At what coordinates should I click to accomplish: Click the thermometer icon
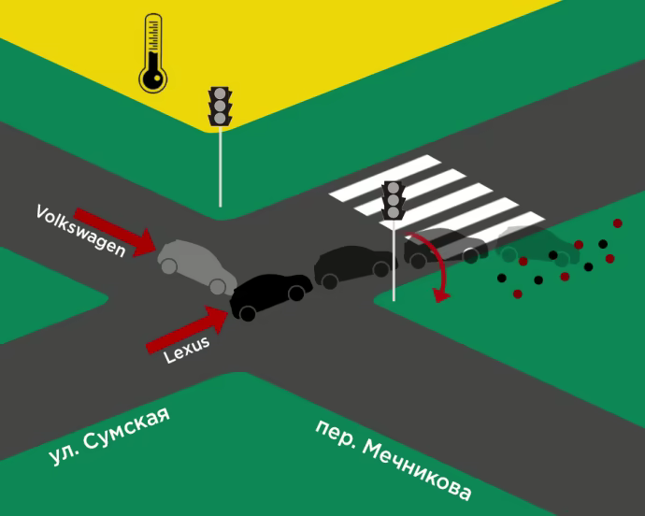click(151, 54)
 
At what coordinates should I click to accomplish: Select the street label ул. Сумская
click(109, 436)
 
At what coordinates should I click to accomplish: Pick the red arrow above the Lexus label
click(188, 331)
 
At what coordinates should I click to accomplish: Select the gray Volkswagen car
click(195, 265)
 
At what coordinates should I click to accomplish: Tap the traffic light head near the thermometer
click(220, 106)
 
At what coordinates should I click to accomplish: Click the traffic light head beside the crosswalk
click(394, 200)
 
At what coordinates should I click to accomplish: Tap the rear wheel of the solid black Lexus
click(296, 294)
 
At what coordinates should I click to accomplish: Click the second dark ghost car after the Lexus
click(445, 245)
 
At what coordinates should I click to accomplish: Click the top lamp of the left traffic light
click(220, 93)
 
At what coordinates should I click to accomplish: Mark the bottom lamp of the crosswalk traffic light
click(394, 213)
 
